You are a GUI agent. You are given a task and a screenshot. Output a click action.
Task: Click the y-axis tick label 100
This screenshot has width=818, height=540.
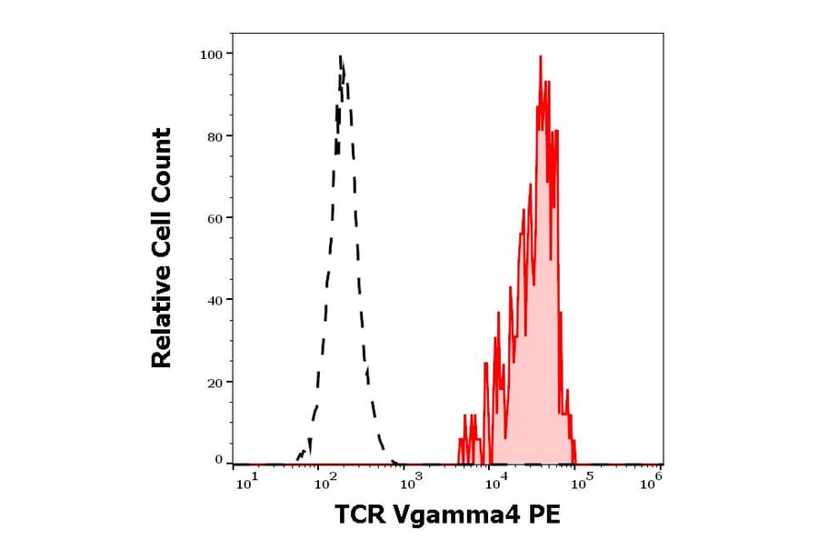[212, 54]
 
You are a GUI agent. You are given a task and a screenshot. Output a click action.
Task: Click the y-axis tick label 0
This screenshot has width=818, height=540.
[219, 460]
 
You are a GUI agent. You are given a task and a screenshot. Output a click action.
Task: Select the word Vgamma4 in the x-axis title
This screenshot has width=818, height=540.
[449, 516]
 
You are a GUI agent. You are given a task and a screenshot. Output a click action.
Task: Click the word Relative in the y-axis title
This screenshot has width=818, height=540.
[162, 321]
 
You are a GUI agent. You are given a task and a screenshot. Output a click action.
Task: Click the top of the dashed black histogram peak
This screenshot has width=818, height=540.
[340, 56]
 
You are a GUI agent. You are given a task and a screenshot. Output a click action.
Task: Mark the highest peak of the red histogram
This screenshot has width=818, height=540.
[541, 56]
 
